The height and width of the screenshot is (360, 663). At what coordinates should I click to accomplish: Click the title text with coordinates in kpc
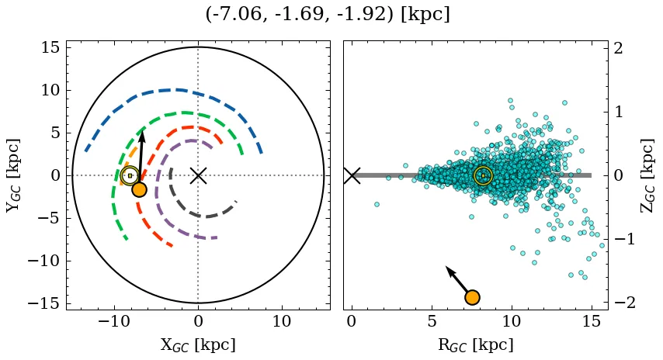pyautogui.click(x=328, y=15)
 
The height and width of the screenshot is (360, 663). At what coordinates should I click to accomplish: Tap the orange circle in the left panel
pyautogui.click(x=139, y=189)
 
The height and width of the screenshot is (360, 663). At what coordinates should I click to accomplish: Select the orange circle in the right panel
pyautogui.click(x=471, y=297)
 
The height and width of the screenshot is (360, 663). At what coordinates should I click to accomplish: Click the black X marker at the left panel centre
pyautogui.click(x=198, y=175)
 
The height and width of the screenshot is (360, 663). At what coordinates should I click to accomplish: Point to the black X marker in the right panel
pyautogui.click(x=352, y=175)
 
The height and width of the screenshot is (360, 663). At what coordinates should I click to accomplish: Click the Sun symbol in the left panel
pyautogui.click(x=130, y=175)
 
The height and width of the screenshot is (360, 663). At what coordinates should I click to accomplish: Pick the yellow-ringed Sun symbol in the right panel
pyautogui.click(x=483, y=175)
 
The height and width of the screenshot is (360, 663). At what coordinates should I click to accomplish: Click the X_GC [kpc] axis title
pyautogui.click(x=198, y=344)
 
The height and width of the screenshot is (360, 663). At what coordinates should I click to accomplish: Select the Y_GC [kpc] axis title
pyautogui.click(x=13, y=175)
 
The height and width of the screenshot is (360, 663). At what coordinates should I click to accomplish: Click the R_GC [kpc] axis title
pyautogui.click(x=475, y=344)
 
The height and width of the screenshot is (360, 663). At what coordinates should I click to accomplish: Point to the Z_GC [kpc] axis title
pyautogui.click(x=647, y=175)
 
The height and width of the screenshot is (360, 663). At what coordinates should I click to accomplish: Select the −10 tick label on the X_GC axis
pyautogui.click(x=114, y=321)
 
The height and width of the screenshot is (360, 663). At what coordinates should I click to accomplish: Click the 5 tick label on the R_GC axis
pyautogui.click(x=432, y=321)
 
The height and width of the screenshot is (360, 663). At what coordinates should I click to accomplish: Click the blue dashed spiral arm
pyautogui.click(x=179, y=91)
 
